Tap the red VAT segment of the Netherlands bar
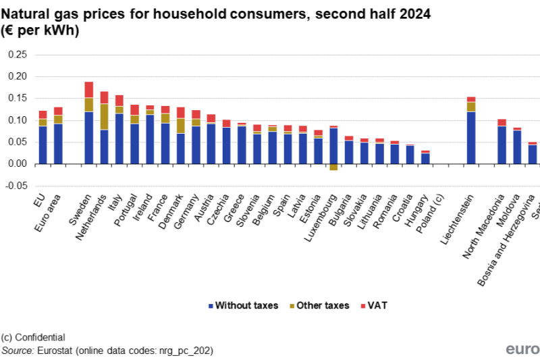[x=104, y=97]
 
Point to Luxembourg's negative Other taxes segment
[x=333, y=167]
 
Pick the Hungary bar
[x=425, y=157]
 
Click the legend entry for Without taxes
[x=243, y=305]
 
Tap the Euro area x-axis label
[x=51, y=210]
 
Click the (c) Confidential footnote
[x=33, y=337]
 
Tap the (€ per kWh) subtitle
[x=40, y=30]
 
